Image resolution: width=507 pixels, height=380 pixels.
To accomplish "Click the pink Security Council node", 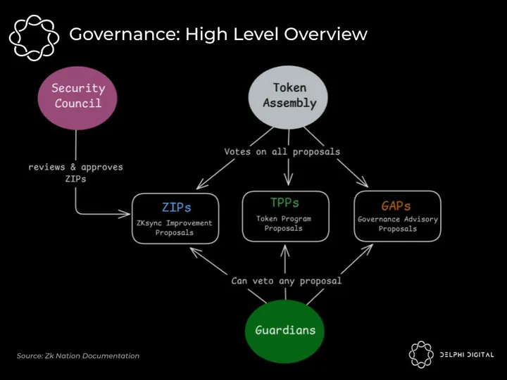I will (x=77, y=96).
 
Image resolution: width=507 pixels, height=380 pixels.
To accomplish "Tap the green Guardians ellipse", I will (x=284, y=330).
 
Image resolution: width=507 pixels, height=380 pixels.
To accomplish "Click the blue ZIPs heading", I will (x=176, y=208).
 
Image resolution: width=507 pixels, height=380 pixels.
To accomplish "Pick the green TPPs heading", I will (x=284, y=203).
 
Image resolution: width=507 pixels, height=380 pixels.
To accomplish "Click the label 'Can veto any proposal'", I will (x=287, y=281).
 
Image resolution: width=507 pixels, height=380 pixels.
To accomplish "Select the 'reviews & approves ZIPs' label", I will (x=75, y=173).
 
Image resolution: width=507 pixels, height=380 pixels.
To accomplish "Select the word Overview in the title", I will (x=327, y=34).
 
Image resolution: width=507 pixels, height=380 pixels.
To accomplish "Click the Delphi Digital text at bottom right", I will (x=466, y=355).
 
